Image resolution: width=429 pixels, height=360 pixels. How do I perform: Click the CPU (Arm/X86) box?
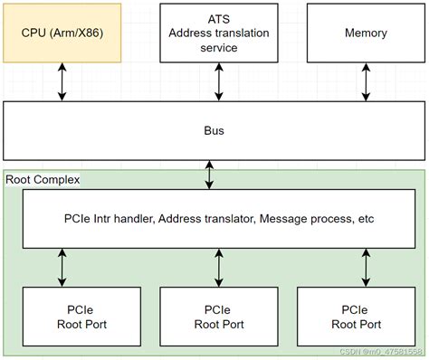pyautogui.click(x=62, y=33)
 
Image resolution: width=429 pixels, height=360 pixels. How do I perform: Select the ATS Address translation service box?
pyautogui.click(x=217, y=33)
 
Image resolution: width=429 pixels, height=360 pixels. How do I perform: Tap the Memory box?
pyautogui.click(x=366, y=33)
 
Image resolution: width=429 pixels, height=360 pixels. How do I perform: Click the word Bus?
pyautogui.click(x=214, y=131)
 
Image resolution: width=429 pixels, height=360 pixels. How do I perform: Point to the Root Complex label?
pyautogui.click(x=43, y=180)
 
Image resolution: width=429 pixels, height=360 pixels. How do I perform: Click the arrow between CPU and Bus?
pyautogui.click(x=62, y=81)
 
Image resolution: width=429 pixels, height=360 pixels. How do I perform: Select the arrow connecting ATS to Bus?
pyautogui.click(x=217, y=81)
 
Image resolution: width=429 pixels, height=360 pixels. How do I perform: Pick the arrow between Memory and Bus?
pyautogui.click(x=366, y=81)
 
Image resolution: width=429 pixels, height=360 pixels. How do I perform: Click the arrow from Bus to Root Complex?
pyautogui.click(x=210, y=175)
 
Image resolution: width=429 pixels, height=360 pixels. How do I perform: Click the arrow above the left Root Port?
pyautogui.click(x=62, y=268)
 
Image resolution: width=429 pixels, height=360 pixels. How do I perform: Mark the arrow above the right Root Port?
pyautogui.click(x=366, y=268)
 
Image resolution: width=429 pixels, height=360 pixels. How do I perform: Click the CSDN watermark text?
pyautogui.click(x=380, y=351)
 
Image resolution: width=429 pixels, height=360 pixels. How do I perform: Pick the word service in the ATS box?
pyautogui.click(x=217, y=48)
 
